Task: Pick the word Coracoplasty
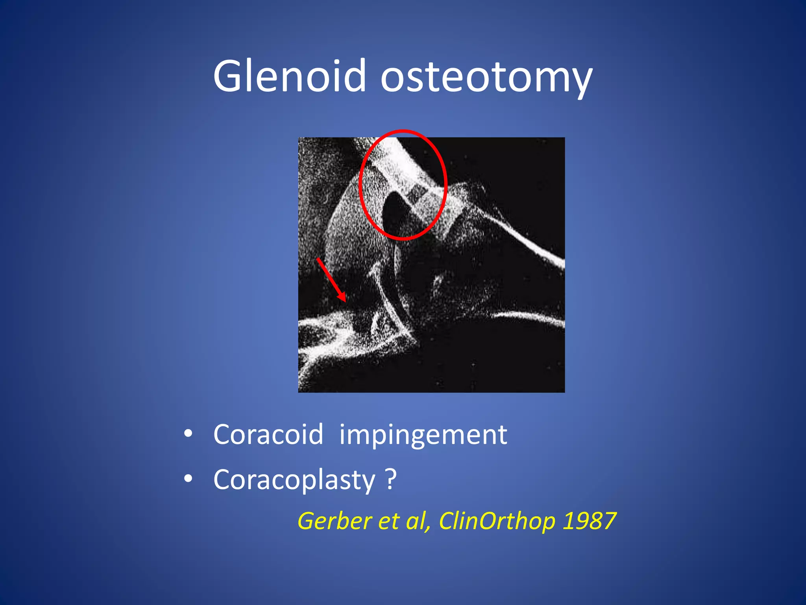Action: click(x=294, y=480)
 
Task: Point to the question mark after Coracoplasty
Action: click(x=390, y=479)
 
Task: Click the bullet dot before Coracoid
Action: click(x=188, y=434)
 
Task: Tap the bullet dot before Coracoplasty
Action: click(x=188, y=479)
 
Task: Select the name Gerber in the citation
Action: click(x=333, y=521)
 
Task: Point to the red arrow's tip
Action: click(x=345, y=301)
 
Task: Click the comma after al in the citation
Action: click(x=429, y=528)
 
